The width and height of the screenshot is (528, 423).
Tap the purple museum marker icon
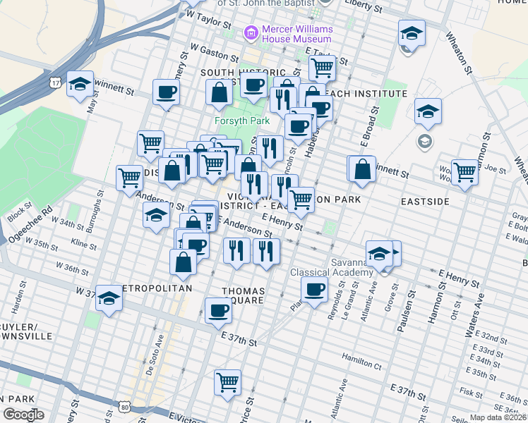click(250, 32)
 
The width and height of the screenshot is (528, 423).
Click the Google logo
click(23, 415)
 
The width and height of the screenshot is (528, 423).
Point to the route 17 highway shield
click(54, 83)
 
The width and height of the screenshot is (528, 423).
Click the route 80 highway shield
click(125, 407)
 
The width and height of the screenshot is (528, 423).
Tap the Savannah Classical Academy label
click(332, 267)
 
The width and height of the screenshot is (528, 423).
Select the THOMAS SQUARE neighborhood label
click(244, 295)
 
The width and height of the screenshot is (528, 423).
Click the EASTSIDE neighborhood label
click(425, 202)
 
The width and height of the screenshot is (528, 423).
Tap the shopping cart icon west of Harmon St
click(464, 171)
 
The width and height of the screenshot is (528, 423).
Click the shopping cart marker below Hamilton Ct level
click(227, 382)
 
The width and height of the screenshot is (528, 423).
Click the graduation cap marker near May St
click(80, 83)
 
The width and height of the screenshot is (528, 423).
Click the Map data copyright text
click(498, 417)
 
